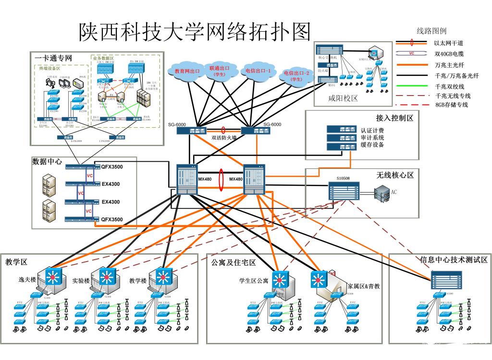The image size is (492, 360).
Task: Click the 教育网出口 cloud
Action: coord(187,71)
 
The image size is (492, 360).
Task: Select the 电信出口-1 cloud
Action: coord(258,71)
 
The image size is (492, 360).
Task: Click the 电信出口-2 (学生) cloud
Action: coord(296,76)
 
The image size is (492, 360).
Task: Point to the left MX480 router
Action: coord(186,180)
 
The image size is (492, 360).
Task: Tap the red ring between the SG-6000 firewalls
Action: coord(223,130)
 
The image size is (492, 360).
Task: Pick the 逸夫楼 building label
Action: coord(27,280)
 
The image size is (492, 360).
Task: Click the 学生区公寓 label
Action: coord(254,280)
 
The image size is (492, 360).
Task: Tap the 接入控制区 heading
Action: coord(394,118)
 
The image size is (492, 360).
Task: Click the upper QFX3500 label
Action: coord(111,167)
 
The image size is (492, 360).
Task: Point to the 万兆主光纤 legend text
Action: coord(449,65)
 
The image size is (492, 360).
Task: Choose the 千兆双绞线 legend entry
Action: coord(449,86)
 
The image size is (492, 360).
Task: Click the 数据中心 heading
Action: coord(47,161)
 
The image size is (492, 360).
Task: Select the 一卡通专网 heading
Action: coord(53,58)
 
